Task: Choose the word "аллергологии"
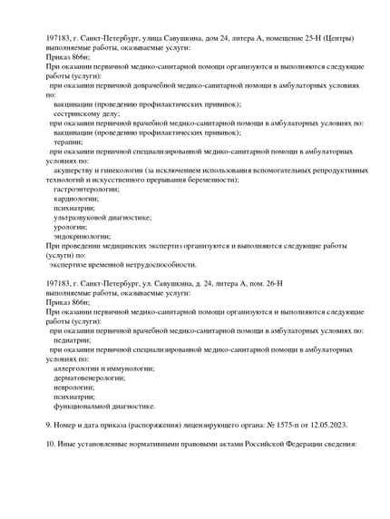tap(79, 368)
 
